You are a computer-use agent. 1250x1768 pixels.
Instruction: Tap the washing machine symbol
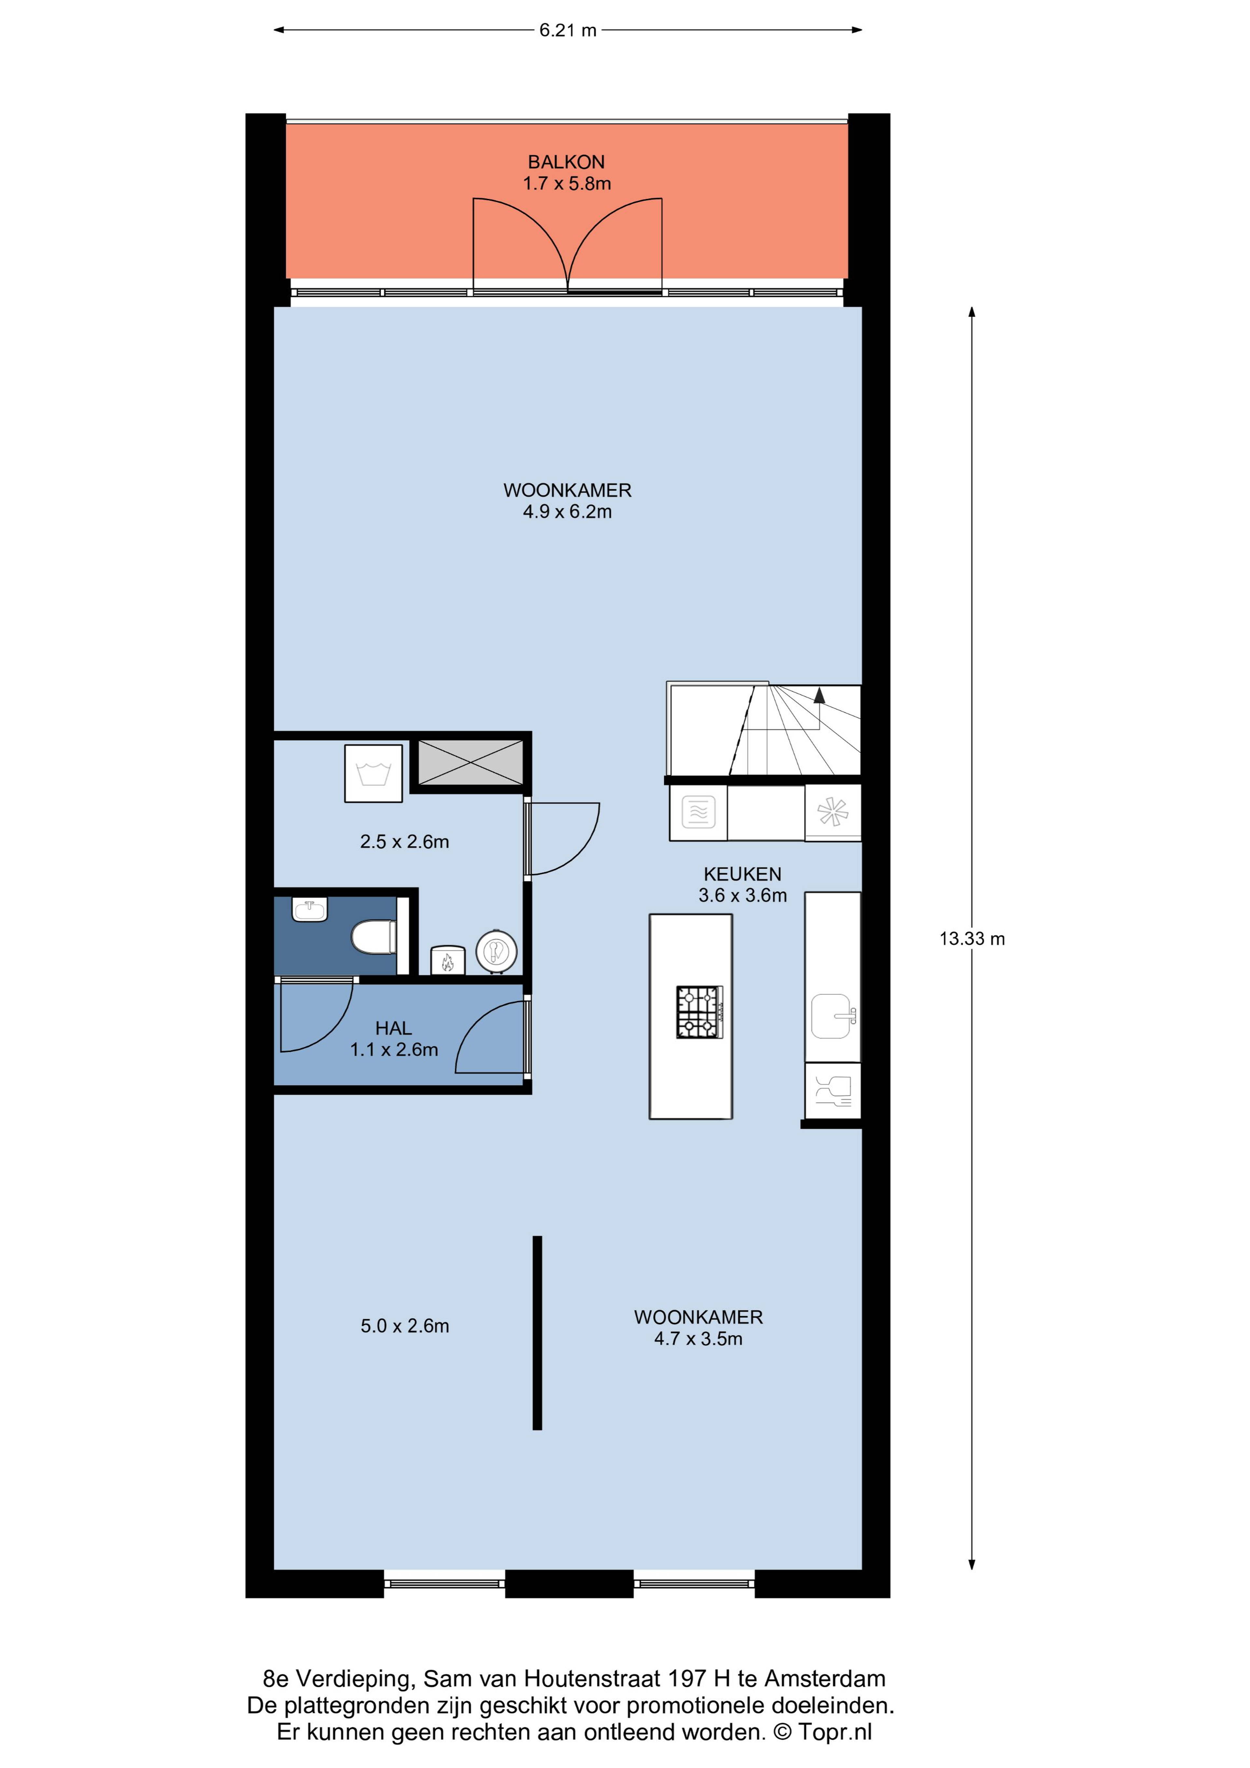pyautogui.click(x=374, y=773)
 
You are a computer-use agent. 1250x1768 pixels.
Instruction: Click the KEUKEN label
pyautogui.click(x=743, y=874)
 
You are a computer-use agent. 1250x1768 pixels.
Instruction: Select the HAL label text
pyautogui.click(x=394, y=1028)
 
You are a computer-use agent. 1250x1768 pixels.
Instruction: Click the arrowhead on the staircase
pyautogui.click(x=819, y=695)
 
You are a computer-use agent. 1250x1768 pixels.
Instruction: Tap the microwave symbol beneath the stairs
pyautogui.click(x=699, y=812)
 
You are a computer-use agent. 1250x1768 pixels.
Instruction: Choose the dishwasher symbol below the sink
pyautogui.click(x=833, y=1090)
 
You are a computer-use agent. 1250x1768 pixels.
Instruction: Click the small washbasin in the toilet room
pyautogui.click(x=310, y=910)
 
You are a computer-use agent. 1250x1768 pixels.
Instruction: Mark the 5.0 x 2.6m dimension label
pyautogui.click(x=405, y=1326)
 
